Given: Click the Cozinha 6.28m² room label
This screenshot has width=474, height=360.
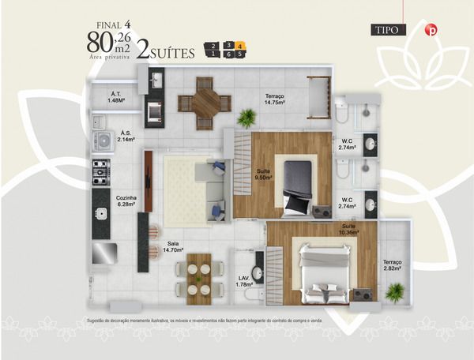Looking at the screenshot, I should click(x=126, y=201).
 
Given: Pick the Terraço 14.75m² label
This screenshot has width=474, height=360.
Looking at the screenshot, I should click(x=274, y=99).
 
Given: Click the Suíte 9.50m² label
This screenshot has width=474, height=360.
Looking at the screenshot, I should click(x=264, y=174).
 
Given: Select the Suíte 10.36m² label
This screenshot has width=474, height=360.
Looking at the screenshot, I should click(x=348, y=230).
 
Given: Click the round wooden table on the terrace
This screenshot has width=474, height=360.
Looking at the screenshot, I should click(x=205, y=103).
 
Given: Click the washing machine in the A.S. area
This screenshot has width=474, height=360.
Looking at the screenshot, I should click(x=103, y=141).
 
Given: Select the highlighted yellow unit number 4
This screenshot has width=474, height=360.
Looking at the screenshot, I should click(x=240, y=47).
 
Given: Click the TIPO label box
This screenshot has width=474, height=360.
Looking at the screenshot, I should click(x=389, y=31).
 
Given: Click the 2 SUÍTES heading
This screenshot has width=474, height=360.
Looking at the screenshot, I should click(x=166, y=53).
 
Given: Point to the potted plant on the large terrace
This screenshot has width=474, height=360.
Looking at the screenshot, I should click(x=247, y=118).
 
